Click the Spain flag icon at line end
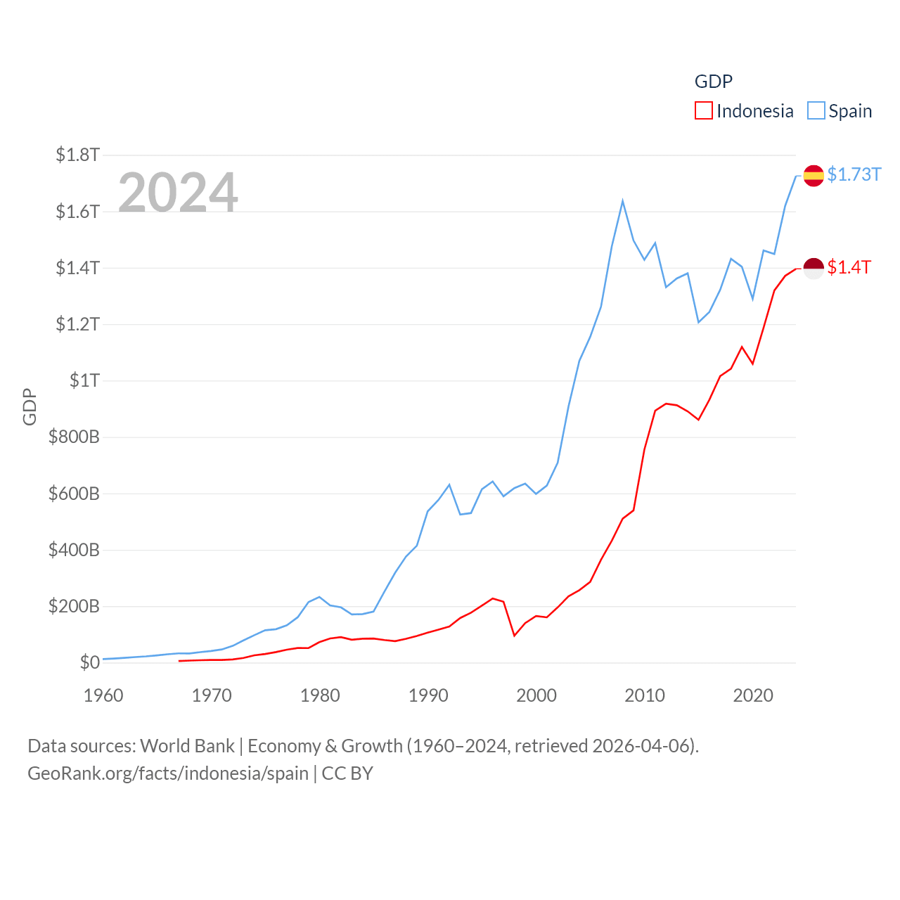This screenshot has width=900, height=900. click(x=814, y=175)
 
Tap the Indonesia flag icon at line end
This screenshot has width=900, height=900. click(x=814, y=268)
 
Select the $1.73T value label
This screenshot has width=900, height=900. click(x=854, y=174)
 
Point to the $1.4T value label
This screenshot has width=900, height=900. click(x=849, y=267)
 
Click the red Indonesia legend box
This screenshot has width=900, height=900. click(x=703, y=111)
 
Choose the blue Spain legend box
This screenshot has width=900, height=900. click(x=816, y=111)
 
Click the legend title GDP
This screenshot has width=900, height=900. click(x=713, y=82)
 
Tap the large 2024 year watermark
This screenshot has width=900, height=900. click(x=178, y=192)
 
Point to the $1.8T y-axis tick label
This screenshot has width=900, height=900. click(x=77, y=155)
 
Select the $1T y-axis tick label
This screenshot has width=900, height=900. click(x=84, y=380)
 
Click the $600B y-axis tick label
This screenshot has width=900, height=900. click(x=74, y=494)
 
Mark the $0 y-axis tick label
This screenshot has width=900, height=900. click(x=89, y=662)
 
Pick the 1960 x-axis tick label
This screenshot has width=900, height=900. click(x=103, y=695)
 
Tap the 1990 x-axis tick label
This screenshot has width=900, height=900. click(x=428, y=695)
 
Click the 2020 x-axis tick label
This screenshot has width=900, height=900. click(x=753, y=695)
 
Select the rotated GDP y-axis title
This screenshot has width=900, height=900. click(x=30, y=406)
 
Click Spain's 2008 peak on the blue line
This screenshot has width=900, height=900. click(x=622, y=202)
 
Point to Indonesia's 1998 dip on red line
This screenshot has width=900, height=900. click(x=515, y=635)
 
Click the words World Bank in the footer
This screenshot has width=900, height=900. click(x=187, y=746)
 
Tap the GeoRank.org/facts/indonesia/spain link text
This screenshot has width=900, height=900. click(x=168, y=773)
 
